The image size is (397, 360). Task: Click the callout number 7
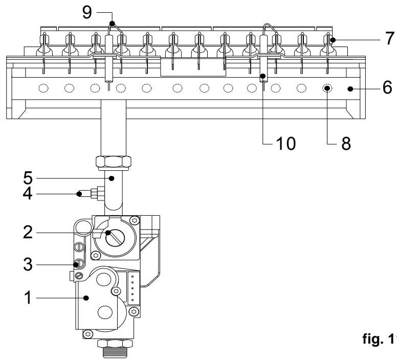[390, 38]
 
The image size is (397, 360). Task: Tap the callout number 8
[346, 143]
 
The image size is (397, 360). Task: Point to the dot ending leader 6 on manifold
[350, 88]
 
